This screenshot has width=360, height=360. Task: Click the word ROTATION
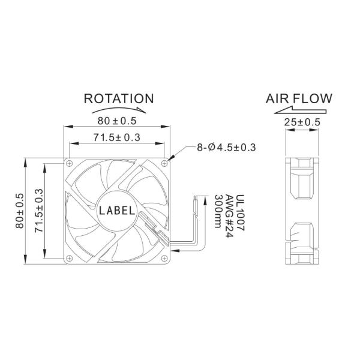[119, 98]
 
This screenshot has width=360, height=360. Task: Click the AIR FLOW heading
[299, 98]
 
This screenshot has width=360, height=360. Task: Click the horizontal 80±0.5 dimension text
[116, 121]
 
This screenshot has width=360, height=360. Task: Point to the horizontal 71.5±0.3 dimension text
[116, 137]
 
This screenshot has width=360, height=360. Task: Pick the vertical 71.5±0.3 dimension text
[40, 210]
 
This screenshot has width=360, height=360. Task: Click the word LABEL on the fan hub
[117, 210]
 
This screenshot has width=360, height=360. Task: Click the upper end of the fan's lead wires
[200, 199]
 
